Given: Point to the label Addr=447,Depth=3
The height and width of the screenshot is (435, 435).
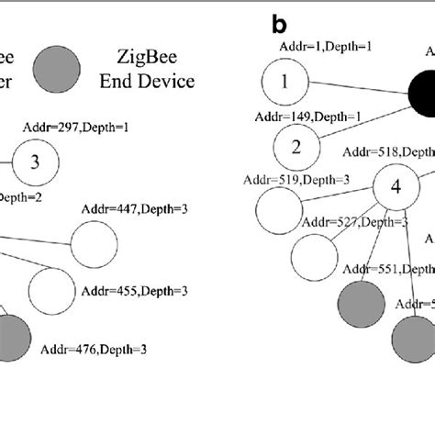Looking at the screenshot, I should (x=136, y=210).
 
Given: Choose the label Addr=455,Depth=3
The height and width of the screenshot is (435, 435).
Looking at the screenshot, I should (x=136, y=291).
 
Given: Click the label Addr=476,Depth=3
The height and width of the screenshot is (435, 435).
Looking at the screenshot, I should (x=95, y=349).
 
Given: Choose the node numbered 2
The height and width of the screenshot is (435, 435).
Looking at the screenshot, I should (x=296, y=147).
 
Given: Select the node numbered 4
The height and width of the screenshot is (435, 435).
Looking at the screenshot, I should (x=396, y=187).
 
